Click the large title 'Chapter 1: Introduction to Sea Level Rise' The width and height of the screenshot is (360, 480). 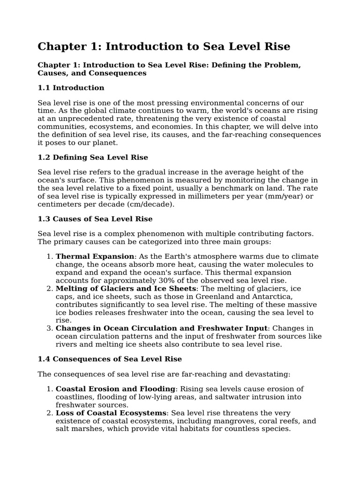pyautogui.click(x=164, y=47)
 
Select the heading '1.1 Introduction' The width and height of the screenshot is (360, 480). pyautogui.click(x=71, y=88)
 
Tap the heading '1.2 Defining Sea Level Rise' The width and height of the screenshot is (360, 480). pyautogui.click(x=93, y=157)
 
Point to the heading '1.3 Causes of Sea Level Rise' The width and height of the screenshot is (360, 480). pyautogui.click(x=95, y=219)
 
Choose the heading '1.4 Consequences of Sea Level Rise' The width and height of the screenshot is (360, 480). pyautogui.click(x=109, y=359)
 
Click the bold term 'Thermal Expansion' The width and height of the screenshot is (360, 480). pyautogui.click(x=95, y=256)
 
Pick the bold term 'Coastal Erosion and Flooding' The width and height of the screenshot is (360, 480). pyautogui.click(x=115, y=389)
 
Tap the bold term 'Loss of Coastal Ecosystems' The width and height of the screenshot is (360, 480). pyautogui.click(x=111, y=412)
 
